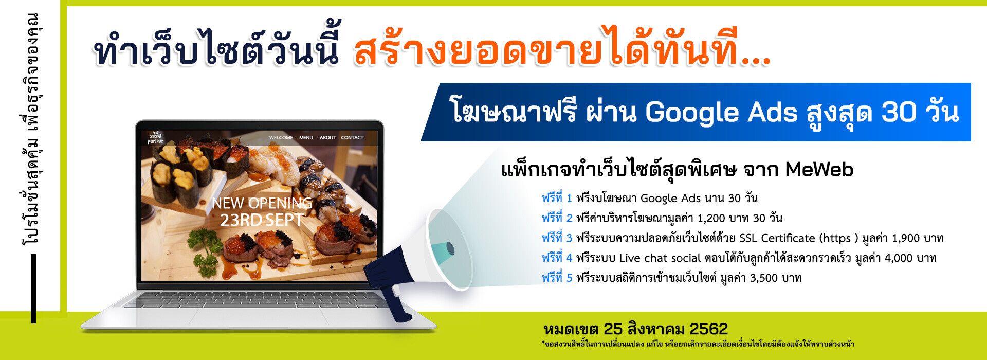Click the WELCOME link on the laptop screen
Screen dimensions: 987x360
click(281, 138)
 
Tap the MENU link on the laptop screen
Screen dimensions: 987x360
click(306, 138)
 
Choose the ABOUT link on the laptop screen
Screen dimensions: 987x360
click(327, 138)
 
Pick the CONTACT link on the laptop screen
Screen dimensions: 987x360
click(352, 138)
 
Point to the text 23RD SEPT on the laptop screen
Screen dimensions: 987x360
click(262, 221)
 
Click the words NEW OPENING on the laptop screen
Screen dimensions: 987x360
click(262, 203)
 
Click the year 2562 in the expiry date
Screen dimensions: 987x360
click(708, 329)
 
